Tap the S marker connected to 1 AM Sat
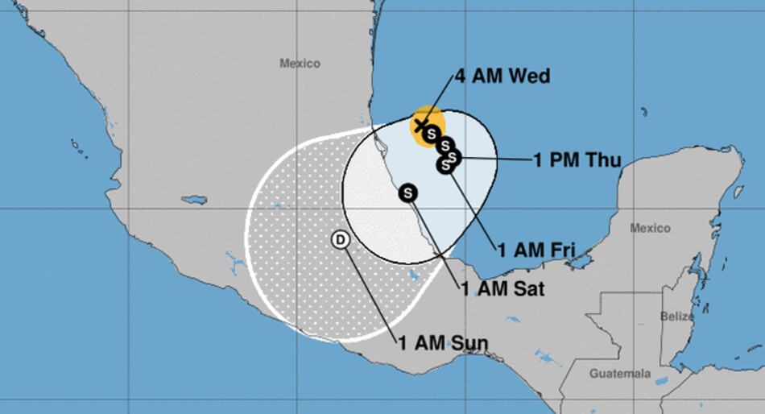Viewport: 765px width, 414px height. coord(409,193)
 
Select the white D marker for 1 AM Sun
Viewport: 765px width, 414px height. coord(341,239)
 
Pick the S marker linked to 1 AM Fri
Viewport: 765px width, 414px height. coord(445,165)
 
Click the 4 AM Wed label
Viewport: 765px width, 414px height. coord(502,77)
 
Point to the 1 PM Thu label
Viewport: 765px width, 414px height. coord(577,160)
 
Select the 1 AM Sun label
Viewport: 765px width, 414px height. coord(442,343)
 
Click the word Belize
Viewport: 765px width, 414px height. coord(676,317)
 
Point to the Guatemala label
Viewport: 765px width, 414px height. coord(619,374)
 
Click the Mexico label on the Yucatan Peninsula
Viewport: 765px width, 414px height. coord(650,229)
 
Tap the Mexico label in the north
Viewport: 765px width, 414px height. coord(300,63)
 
